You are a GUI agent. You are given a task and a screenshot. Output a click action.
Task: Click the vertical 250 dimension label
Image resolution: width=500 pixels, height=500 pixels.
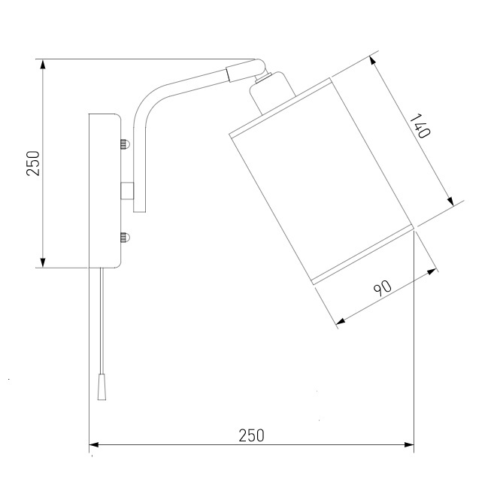[x=34, y=163]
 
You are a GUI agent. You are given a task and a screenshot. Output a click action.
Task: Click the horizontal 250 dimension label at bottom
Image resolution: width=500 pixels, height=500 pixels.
[x=252, y=435]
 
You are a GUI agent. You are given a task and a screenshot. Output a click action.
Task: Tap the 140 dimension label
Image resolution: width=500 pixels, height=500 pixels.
[x=420, y=126]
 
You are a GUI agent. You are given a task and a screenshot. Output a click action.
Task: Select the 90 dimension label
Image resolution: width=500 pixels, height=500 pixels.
[x=383, y=288]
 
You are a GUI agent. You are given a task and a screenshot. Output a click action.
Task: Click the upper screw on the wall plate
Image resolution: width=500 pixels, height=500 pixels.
[x=125, y=144]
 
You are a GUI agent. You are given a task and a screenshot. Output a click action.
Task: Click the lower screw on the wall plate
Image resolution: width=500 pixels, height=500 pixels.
[x=125, y=238]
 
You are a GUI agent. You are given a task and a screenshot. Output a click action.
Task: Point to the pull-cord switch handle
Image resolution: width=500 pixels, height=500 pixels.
[x=102, y=386]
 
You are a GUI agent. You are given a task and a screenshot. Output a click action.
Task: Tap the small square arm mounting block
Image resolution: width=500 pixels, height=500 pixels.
[x=127, y=191]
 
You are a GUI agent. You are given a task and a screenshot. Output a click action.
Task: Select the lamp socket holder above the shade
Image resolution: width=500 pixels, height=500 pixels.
[x=273, y=92]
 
